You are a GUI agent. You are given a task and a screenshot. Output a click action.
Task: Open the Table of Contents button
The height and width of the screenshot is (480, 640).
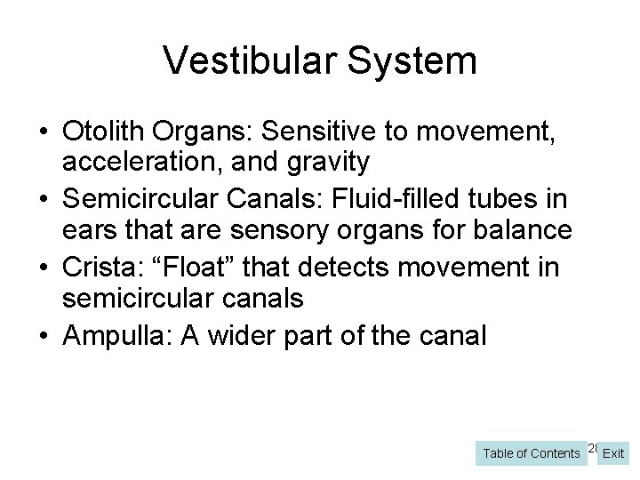(531, 453)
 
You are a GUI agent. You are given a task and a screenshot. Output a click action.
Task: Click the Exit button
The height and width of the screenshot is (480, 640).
(613, 453)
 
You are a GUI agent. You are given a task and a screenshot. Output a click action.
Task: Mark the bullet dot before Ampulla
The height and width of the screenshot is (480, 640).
(44, 335)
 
